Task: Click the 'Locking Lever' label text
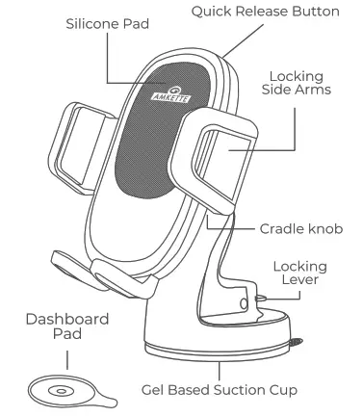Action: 300,273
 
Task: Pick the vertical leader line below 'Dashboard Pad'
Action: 66,359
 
